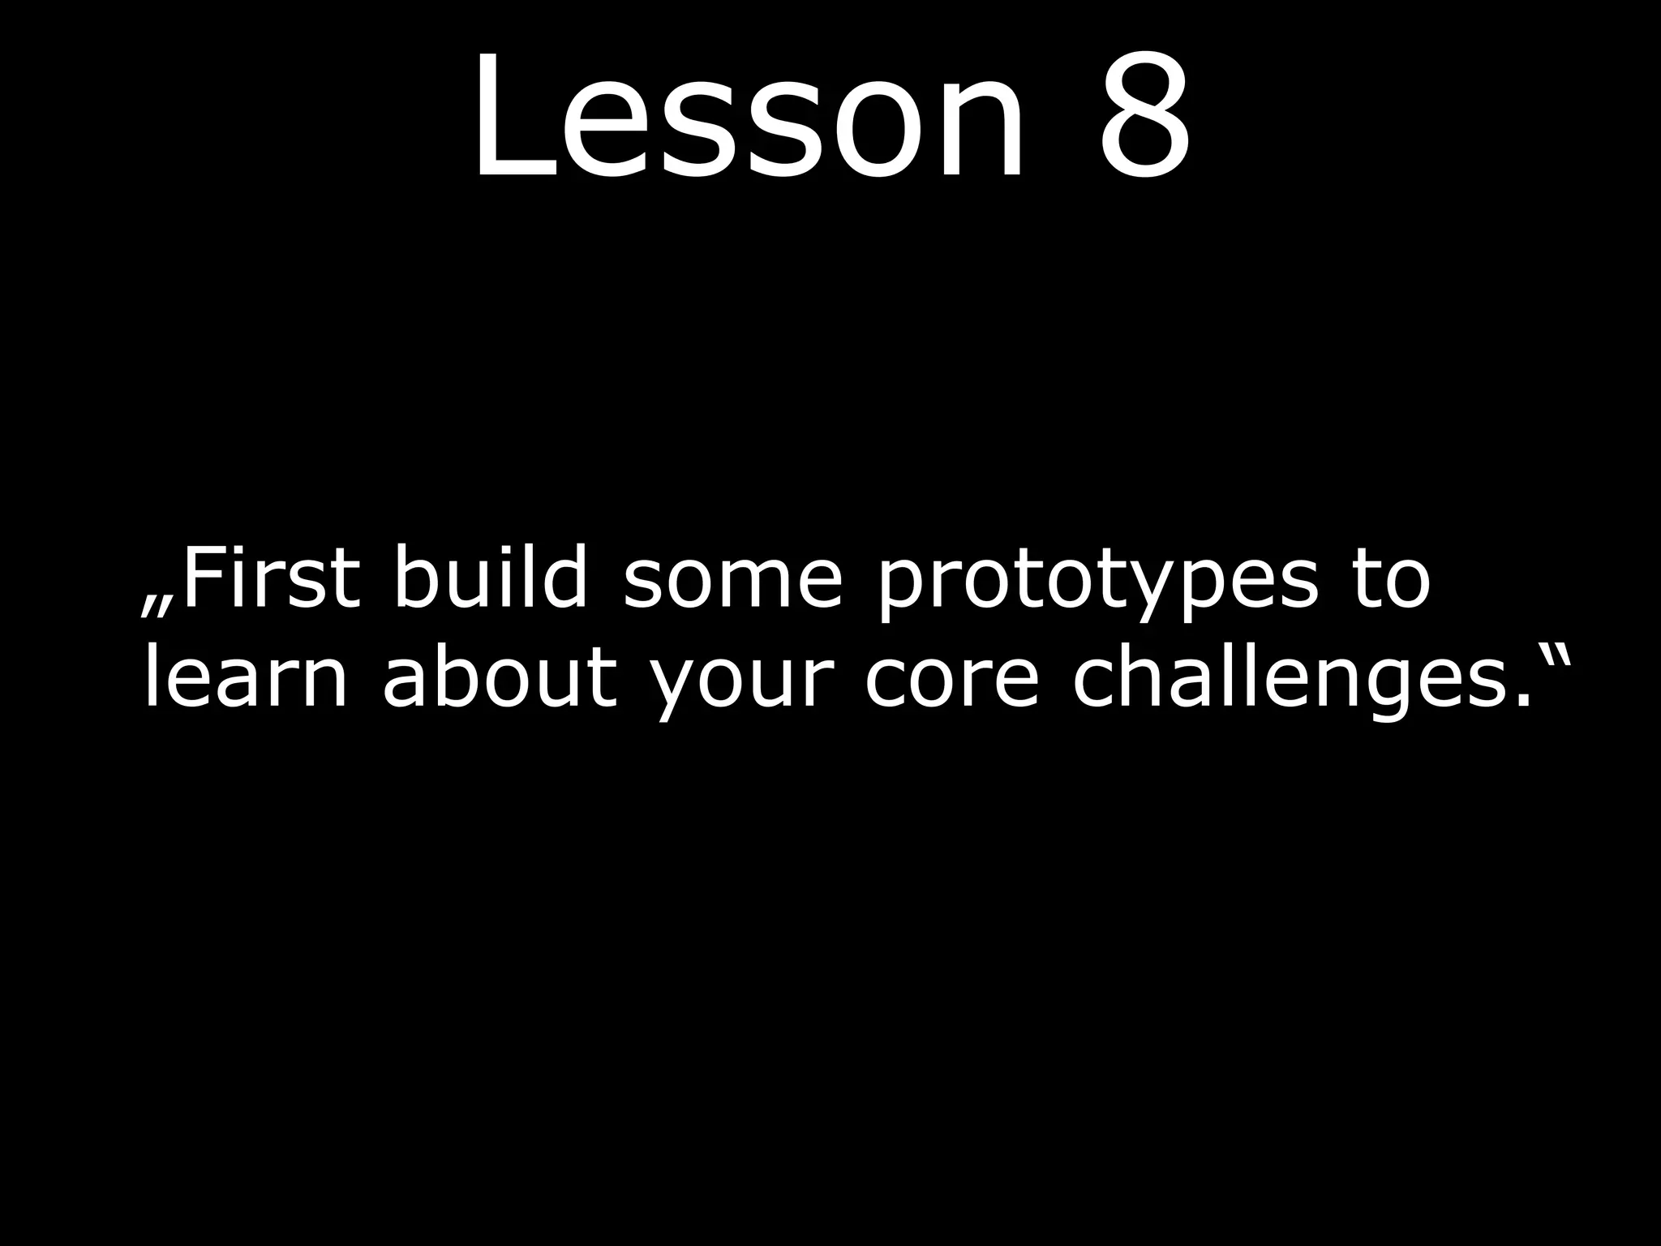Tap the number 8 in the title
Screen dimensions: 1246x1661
tap(1144, 117)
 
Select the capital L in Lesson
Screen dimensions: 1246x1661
tap(503, 117)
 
